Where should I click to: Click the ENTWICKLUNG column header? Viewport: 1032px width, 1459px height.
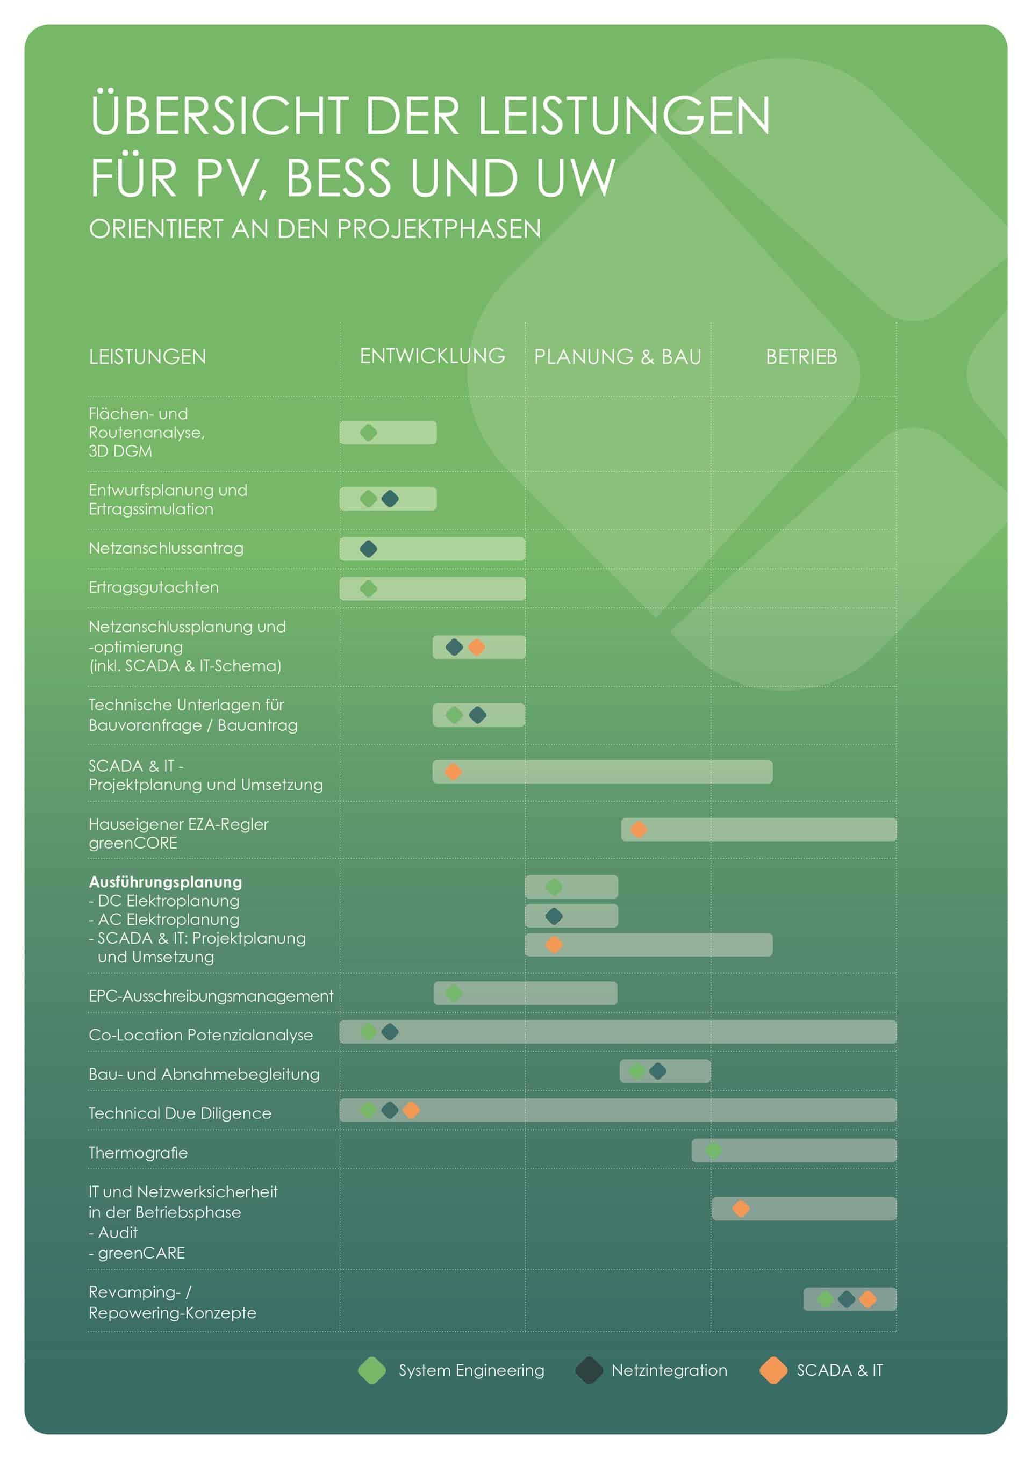click(x=432, y=356)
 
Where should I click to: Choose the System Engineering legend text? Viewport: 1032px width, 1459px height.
click(x=471, y=1371)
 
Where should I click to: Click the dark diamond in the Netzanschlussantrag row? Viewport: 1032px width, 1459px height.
click(x=369, y=549)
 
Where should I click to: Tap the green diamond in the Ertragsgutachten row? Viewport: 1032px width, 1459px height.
click(x=369, y=589)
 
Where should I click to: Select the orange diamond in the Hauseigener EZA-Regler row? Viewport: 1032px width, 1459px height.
click(x=639, y=829)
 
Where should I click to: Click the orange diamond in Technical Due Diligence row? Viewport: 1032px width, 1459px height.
click(x=411, y=1110)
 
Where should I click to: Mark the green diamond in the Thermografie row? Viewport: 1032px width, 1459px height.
click(x=714, y=1151)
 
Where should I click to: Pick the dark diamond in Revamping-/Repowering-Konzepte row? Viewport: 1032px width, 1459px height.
click(x=847, y=1299)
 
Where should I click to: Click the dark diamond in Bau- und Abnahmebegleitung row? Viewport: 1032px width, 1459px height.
click(x=658, y=1072)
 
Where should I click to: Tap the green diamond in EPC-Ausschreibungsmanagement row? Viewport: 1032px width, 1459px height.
click(x=454, y=993)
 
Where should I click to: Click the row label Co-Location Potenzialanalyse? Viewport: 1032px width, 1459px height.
click(x=201, y=1035)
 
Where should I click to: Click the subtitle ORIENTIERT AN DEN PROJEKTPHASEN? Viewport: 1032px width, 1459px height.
click(x=315, y=229)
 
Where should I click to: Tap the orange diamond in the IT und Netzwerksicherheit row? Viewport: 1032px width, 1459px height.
click(x=741, y=1209)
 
